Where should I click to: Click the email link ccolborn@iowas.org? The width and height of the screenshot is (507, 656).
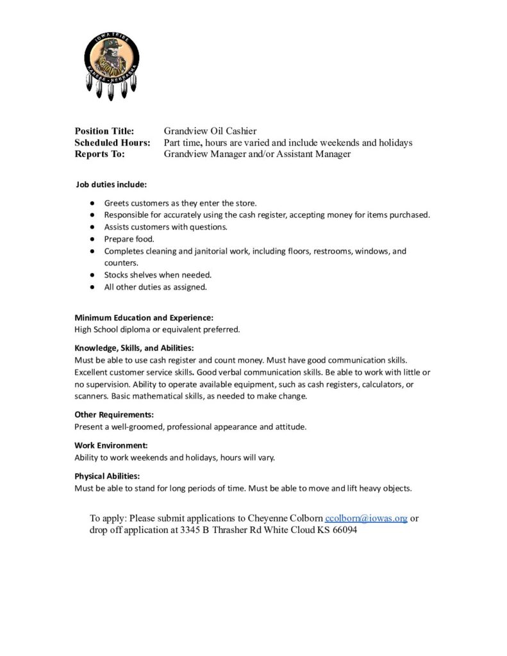pyautogui.click(x=366, y=518)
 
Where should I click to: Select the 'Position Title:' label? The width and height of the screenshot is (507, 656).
pyautogui.click(x=104, y=131)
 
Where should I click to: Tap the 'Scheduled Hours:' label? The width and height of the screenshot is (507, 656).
pyautogui.click(x=112, y=143)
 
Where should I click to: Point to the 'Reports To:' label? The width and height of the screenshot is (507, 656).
pyautogui.click(x=99, y=154)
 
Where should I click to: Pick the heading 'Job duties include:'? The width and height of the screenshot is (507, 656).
pyautogui.click(x=112, y=184)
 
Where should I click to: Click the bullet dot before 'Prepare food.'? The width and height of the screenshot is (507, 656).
pyautogui.click(x=93, y=239)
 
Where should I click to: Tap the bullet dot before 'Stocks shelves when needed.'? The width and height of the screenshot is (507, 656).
pyautogui.click(x=93, y=275)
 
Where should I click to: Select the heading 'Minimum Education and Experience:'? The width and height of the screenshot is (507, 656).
pyautogui.click(x=144, y=318)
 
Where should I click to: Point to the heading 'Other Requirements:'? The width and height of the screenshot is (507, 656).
pyautogui.click(x=114, y=414)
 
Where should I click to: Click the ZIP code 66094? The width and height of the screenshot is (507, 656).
pyautogui.click(x=344, y=531)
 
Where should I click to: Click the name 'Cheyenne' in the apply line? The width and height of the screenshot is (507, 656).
pyautogui.click(x=266, y=518)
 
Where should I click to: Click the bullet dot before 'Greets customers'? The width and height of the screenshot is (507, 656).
pyautogui.click(x=93, y=202)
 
